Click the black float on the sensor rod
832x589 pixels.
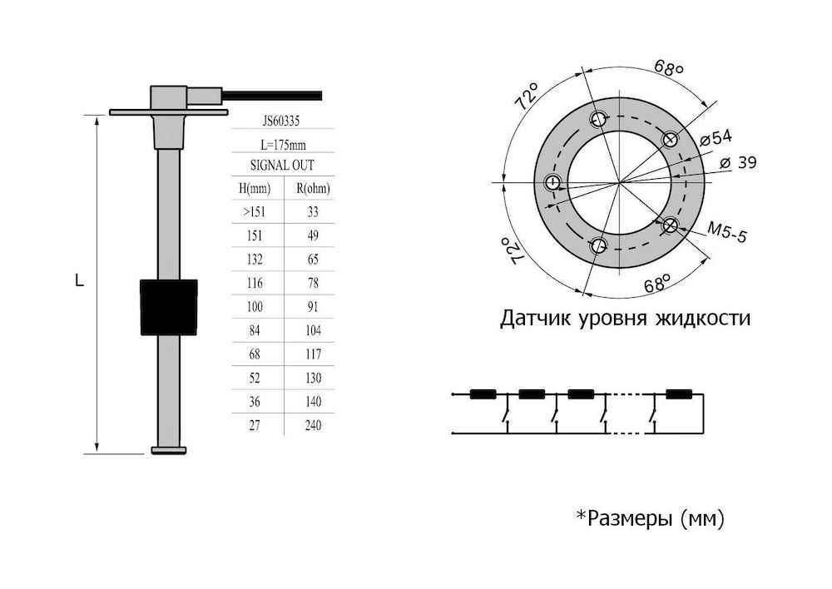click(169, 307)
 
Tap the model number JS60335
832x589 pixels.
click(281, 121)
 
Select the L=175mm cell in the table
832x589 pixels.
click(284, 144)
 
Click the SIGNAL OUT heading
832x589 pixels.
click(282, 165)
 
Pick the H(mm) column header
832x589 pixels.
click(255, 188)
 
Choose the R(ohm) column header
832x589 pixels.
click(313, 188)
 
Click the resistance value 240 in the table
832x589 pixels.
click(313, 425)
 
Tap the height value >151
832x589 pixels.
click(254, 212)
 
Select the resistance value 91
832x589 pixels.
click(313, 307)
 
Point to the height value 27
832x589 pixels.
click(255, 425)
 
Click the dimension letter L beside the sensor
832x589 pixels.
click(80, 280)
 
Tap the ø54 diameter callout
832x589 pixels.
click(716, 138)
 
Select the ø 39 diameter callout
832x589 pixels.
click(738, 162)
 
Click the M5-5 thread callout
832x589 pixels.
click(727, 231)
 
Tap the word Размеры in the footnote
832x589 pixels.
click(630, 517)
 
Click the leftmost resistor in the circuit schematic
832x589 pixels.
click(483, 394)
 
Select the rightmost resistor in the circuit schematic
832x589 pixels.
click(679, 394)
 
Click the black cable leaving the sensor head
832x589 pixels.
click(272, 96)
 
